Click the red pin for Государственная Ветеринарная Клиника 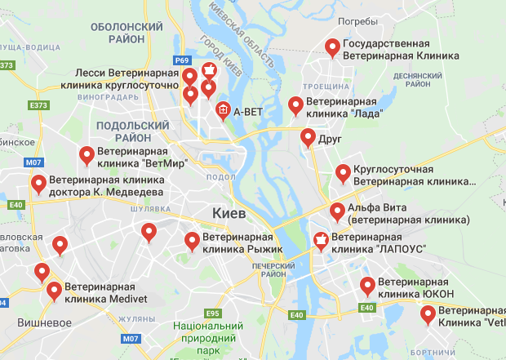[332, 48]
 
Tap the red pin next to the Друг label [308, 137]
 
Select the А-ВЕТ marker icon [222, 110]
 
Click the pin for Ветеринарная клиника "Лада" [296, 105]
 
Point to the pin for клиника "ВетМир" [87, 154]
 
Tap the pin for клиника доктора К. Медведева [38, 184]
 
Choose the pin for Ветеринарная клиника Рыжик [193, 241]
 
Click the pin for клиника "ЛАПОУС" [321, 240]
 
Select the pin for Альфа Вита [337, 211]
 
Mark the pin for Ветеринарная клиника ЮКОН [368, 286]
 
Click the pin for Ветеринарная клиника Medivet [54, 290]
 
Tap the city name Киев [229, 212]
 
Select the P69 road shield [182, 60]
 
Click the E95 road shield [213, 313]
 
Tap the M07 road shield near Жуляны [130, 338]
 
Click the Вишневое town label [40, 322]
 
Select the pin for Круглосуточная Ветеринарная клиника [343, 173]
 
